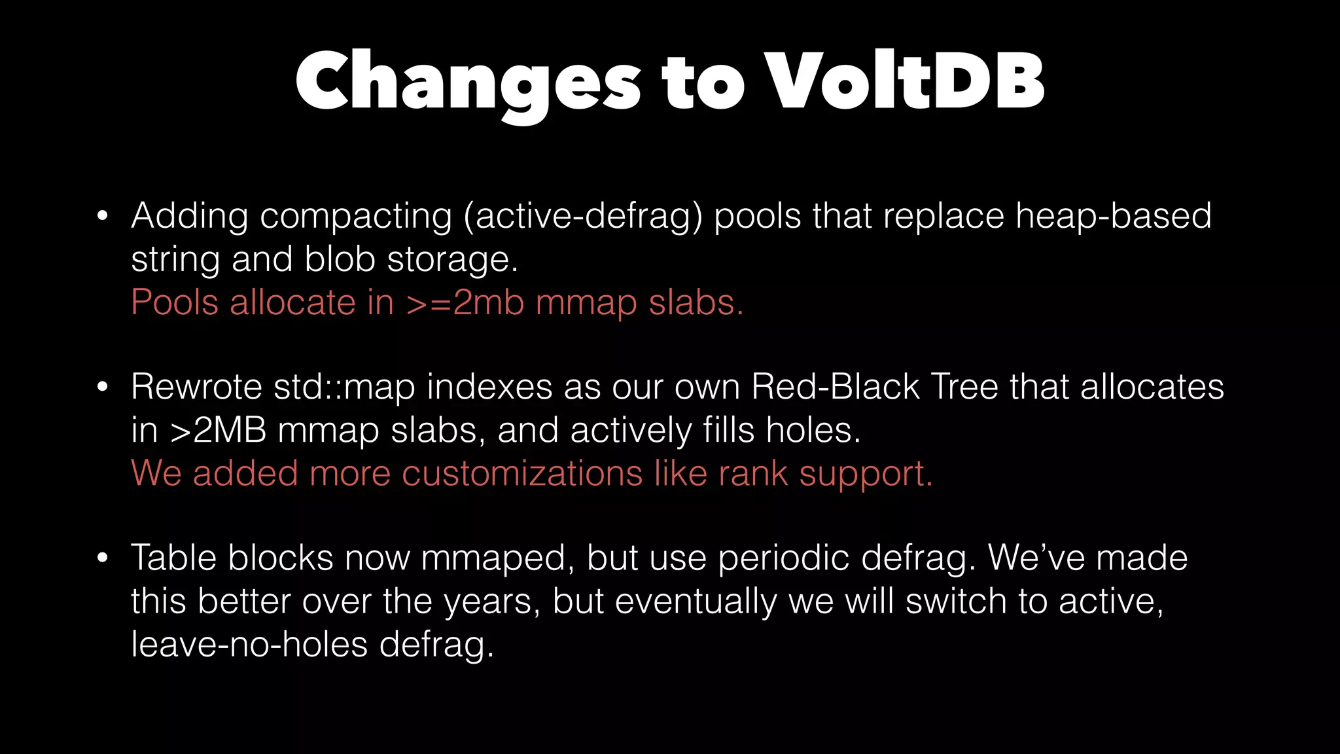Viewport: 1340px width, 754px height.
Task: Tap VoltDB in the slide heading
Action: tap(904, 82)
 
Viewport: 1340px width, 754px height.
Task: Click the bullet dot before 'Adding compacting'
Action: tap(102, 216)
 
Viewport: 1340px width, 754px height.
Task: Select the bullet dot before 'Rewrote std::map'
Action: tap(102, 387)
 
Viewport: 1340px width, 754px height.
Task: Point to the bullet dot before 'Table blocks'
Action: tap(102, 558)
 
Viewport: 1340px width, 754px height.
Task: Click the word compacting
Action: tap(355, 217)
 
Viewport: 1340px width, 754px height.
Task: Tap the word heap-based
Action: tap(1113, 217)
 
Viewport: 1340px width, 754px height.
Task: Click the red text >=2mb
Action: tap(465, 303)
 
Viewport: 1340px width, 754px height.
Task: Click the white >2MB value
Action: tap(218, 431)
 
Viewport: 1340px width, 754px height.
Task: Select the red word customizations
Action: tap(522, 474)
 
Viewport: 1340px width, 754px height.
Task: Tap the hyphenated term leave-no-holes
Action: tap(249, 645)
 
